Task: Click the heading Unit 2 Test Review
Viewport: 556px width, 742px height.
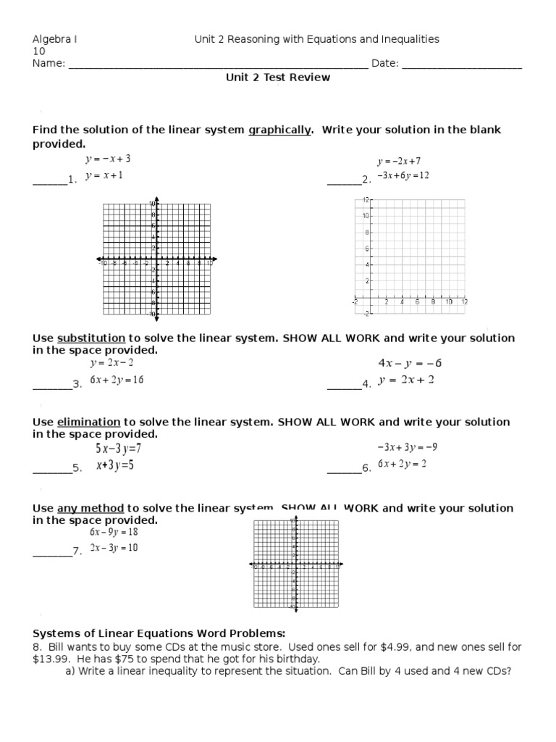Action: click(277, 78)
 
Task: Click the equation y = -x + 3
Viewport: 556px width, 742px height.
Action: click(108, 159)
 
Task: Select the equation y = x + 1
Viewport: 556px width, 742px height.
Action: click(104, 176)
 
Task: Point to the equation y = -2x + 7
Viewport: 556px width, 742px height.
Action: click(398, 161)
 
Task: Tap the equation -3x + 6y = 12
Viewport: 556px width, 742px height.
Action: click(403, 176)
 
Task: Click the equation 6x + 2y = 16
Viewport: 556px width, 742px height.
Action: click(117, 380)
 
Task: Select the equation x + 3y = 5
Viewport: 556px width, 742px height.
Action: click(115, 466)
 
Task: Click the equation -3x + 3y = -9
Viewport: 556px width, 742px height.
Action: click(407, 448)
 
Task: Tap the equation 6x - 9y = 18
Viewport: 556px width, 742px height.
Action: click(114, 532)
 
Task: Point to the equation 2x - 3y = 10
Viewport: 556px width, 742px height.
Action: click(114, 548)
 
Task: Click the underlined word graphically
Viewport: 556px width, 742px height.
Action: click(279, 130)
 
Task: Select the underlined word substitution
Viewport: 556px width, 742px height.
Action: click(91, 338)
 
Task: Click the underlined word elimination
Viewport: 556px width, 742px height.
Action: click(88, 422)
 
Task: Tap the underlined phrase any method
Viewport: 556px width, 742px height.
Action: click(90, 509)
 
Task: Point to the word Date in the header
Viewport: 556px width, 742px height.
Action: click(384, 64)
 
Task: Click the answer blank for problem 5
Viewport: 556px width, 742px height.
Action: click(52, 469)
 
